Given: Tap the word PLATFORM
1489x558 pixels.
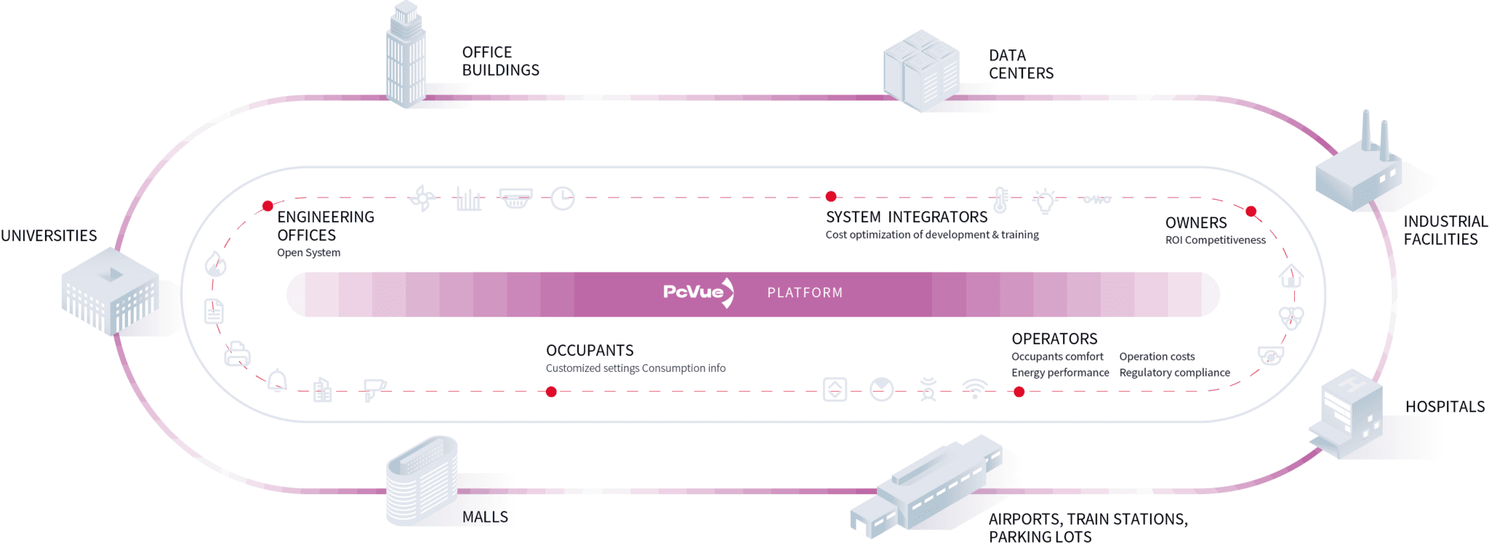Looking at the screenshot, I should tap(805, 293).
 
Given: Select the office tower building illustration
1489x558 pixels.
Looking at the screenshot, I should tap(405, 57).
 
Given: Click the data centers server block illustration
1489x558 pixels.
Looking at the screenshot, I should tap(921, 70).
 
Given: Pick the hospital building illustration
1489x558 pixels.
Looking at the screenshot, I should tap(1347, 414).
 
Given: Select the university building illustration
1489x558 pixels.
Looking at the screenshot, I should tap(110, 291).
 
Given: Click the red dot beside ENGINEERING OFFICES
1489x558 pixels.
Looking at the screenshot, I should tap(268, 206).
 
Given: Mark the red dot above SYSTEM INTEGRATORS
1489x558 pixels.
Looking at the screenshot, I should tap(831, 196).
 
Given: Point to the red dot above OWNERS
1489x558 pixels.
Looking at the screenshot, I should tap(1251, 211).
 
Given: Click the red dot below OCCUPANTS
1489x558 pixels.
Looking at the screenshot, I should tap(551, 392).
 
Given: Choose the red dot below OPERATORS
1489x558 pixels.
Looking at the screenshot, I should tap(1019, 392).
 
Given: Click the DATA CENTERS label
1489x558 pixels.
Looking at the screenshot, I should tap(1021, 64).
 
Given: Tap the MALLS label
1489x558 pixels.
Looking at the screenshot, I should tap(485, 517).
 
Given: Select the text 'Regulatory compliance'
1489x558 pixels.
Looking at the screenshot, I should tap(1174, 373).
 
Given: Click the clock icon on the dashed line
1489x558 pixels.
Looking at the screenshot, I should tap(562, 198).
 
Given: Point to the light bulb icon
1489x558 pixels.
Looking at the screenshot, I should tap(1045, 201).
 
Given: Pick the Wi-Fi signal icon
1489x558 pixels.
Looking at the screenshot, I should tap(974, 388).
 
